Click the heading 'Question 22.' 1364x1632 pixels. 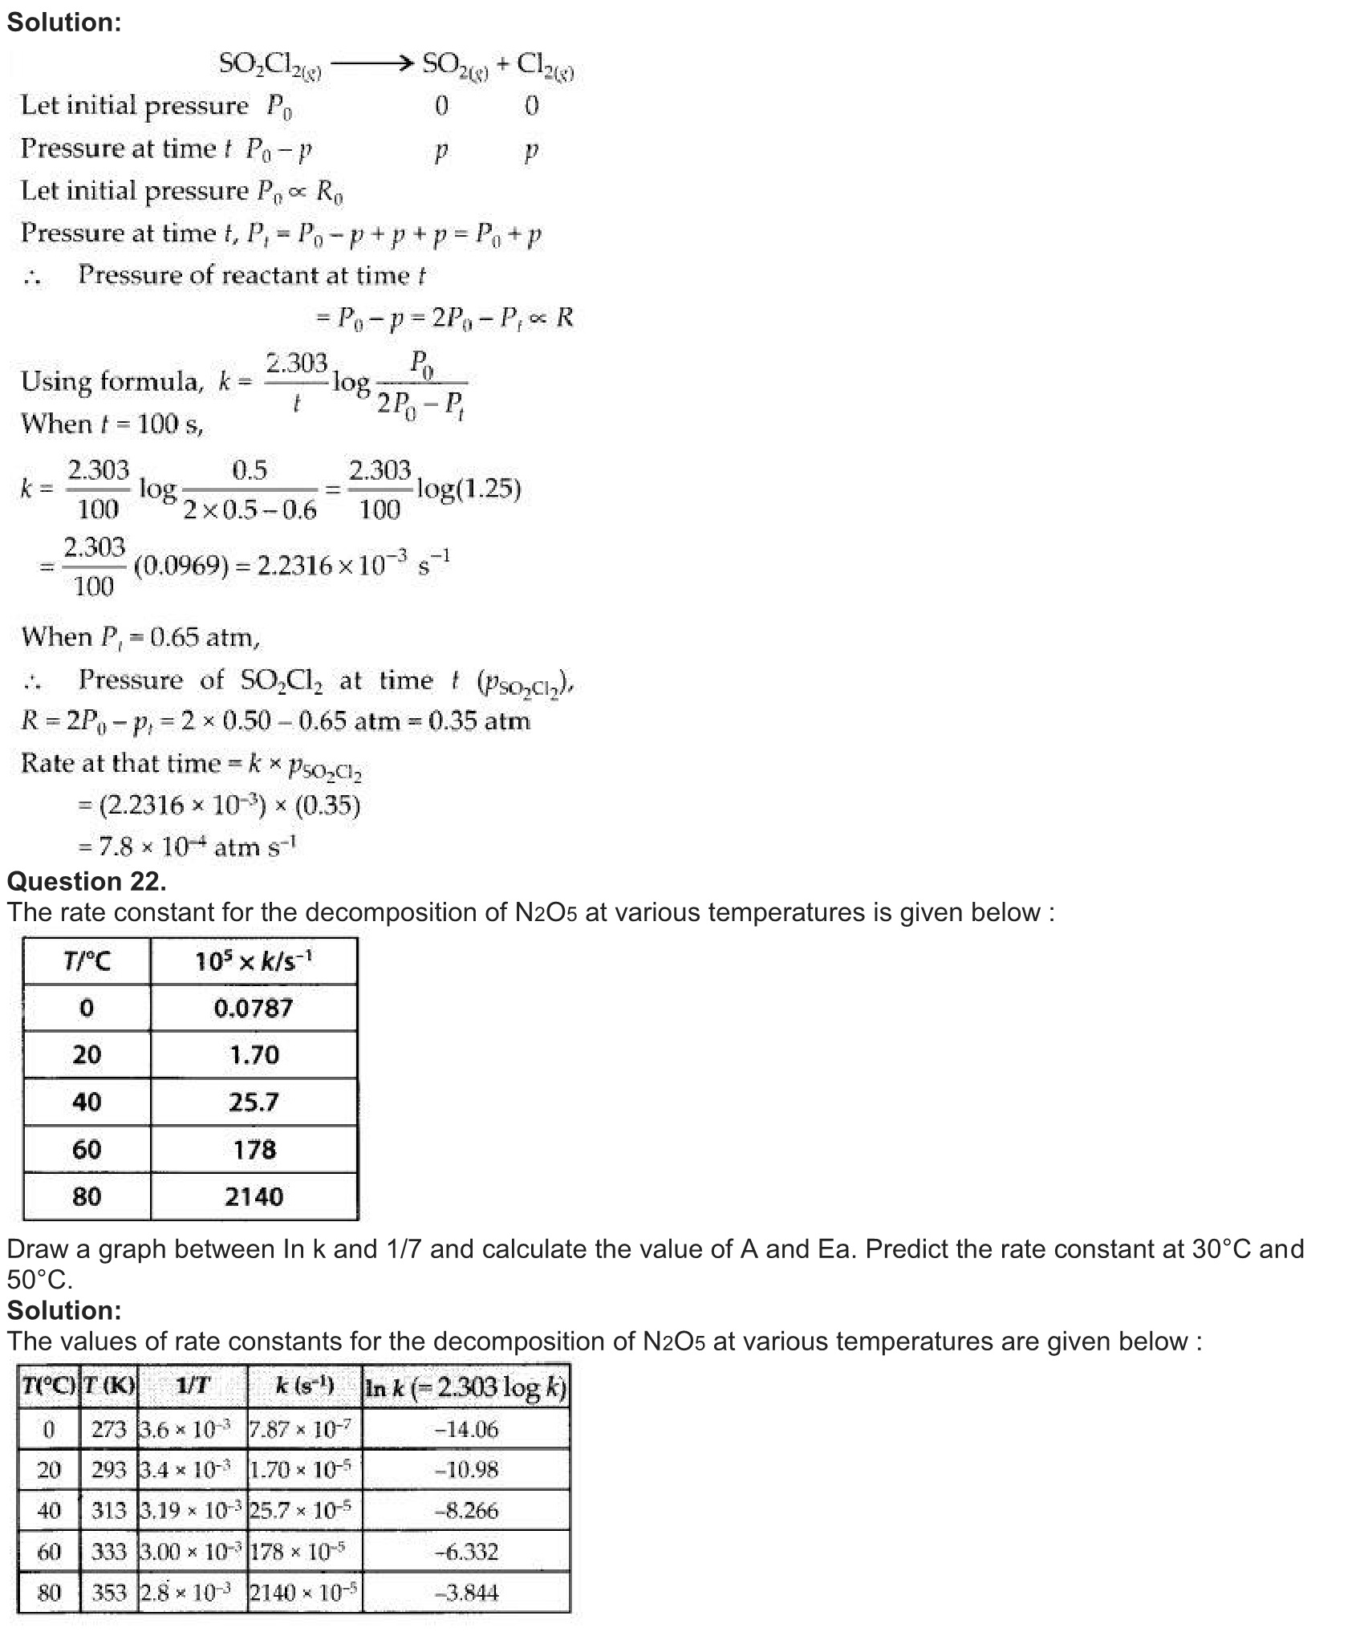pyautogui.click(x=87, y=881)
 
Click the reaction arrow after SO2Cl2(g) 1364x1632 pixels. pyautogui.click(x=371, y=63)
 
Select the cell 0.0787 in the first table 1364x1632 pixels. pyautogui.click(x=254, y=1008)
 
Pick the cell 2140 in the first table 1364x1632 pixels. pyautogui.click(x=254, y=1197)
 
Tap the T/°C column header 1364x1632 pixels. pyautogui.click(x=87, y=960)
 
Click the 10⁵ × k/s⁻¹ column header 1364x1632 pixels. pyautogui.click(x=254, y=960)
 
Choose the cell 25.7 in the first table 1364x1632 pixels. pyautogui.click(x=254, y=1102)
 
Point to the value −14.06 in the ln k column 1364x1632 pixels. pyautogui.click(x=466, y=1429)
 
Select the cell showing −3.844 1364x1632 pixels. pyautogui.click(x=466, y=1592)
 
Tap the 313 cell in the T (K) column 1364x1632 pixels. pyautogui.click(x=109, y=1511)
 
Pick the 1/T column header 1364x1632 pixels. pyautogui.click(x=193, y=1386)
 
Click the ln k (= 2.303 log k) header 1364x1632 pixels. pyautogui.click(x=466, y=1387)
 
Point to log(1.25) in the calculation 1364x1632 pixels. pyautogui.click(x=469, y=488)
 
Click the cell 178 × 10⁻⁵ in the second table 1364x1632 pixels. pyautogui.click(x=298, y=1552)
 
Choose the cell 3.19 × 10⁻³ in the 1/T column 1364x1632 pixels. pyautogui.click(x=191, y=1511)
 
